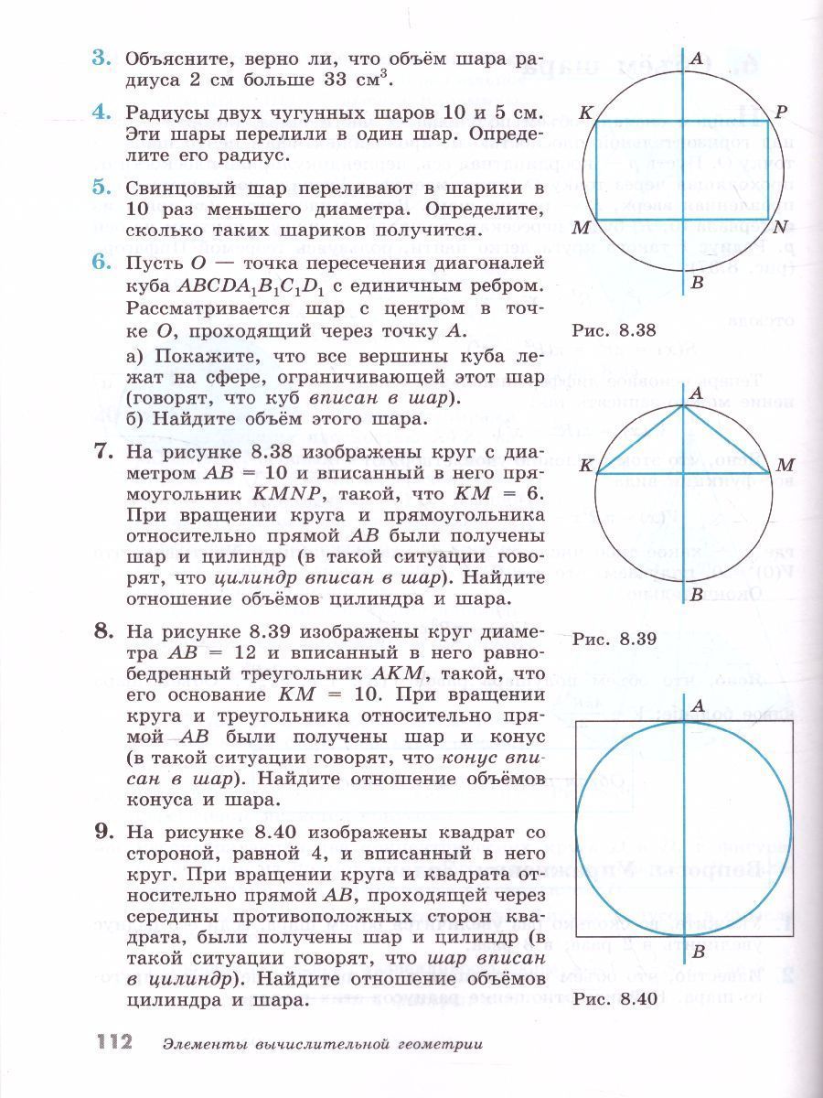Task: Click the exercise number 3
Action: click(x=101, y=59)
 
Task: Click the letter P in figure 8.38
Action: click(x=780, y=113)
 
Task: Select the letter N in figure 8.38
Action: click(x=780, y=227)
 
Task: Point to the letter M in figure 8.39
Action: click(x=785, y=467)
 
